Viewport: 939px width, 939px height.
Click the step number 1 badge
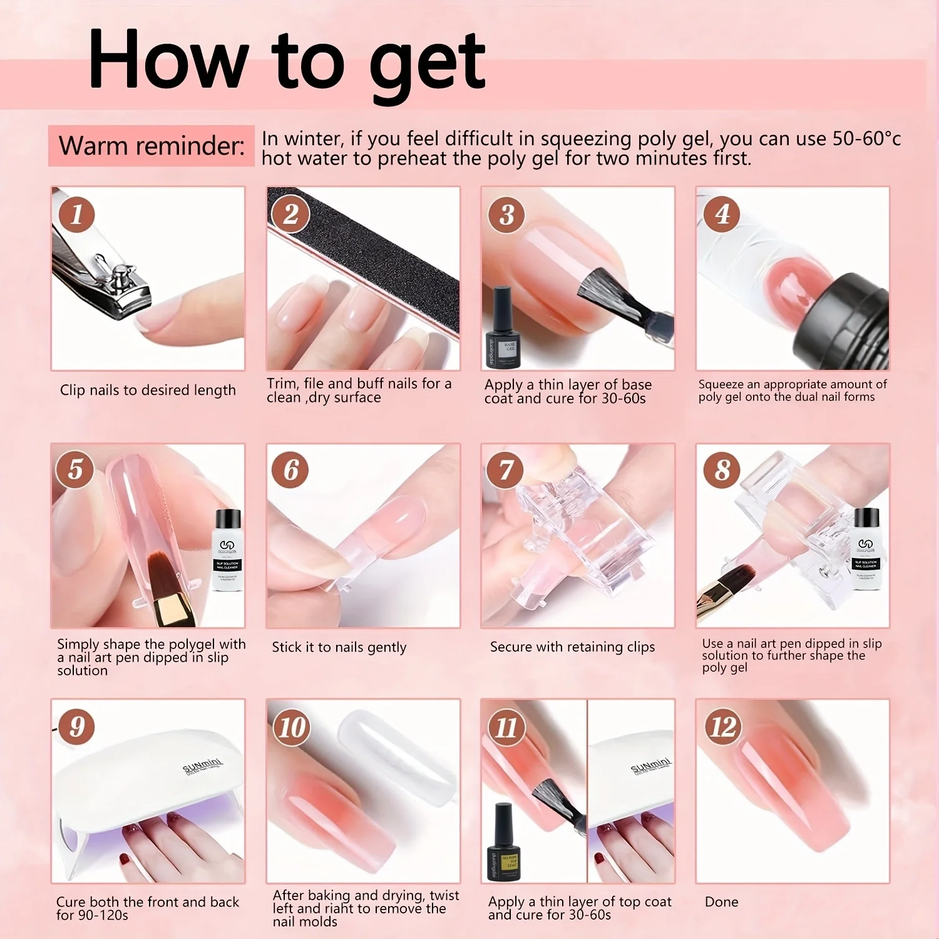point(77,215)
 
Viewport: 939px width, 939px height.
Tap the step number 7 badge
point(506,470)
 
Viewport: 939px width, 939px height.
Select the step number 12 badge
point(722,727)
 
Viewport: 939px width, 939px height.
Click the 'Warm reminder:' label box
point(151,146)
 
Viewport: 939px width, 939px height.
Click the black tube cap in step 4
point(845,319)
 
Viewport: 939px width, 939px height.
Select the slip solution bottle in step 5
point(227,551)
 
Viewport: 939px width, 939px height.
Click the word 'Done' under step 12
point(721,902)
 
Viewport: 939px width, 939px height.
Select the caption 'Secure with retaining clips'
point(572,647)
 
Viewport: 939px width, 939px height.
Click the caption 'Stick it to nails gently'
point(339,647)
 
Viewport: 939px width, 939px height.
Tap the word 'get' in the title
point(428,63)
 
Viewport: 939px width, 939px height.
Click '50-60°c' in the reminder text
point(866,138)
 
